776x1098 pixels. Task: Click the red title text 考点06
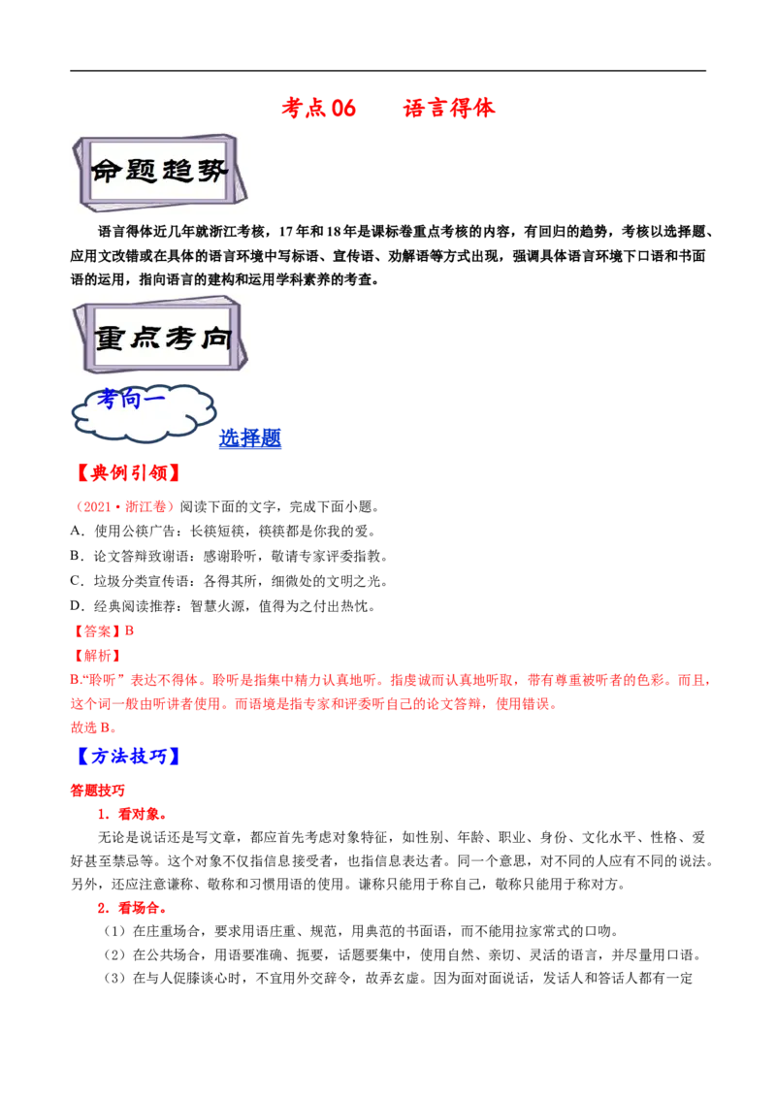[318, 109]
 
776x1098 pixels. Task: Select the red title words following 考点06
[449, 109]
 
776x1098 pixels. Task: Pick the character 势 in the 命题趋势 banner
[212, 172]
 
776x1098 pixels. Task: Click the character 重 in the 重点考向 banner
[112, 338]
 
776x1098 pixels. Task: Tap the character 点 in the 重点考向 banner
[145, 338]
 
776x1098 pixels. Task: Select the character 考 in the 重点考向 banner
[179, 338]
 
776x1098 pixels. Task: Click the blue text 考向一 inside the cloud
[131, 399]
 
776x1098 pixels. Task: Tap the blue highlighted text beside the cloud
[250, 438]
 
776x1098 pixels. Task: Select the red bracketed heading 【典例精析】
[127, 473]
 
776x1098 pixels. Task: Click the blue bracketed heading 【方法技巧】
[127, 757]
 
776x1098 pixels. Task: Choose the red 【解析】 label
[96, 656]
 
